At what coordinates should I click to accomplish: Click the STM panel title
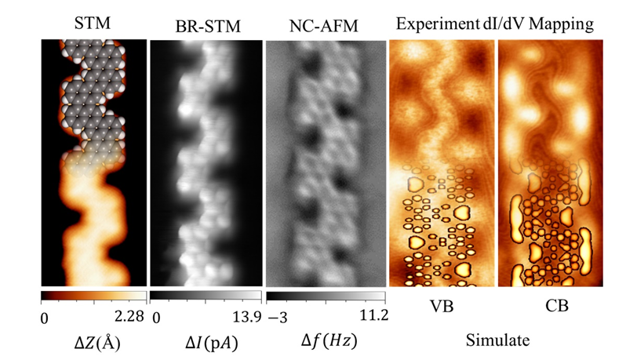point(93,24)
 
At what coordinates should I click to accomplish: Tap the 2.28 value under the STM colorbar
point(129,317)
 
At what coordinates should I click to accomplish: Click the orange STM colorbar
point(93,296)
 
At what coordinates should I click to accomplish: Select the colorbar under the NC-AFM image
point(326,296)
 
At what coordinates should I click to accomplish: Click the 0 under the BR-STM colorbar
point(157,317)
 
